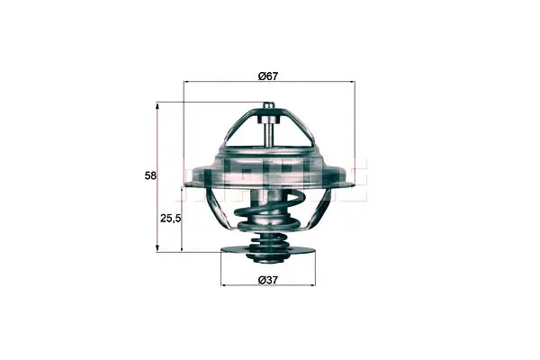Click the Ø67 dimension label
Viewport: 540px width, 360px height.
(267, 76)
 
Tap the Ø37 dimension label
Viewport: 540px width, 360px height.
(267, 280)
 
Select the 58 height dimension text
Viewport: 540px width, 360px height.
(150, 175)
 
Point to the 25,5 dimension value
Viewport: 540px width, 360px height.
(170, 218)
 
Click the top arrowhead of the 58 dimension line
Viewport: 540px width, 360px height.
(157, 105)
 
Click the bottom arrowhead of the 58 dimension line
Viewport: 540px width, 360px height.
(157, 248)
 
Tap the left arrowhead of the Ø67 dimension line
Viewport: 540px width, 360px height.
(187, 82)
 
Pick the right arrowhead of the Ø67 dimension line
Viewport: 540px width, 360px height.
(351, 82)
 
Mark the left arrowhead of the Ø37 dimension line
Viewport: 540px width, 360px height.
(224, 285)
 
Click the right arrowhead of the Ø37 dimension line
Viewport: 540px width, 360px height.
(311, 285)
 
